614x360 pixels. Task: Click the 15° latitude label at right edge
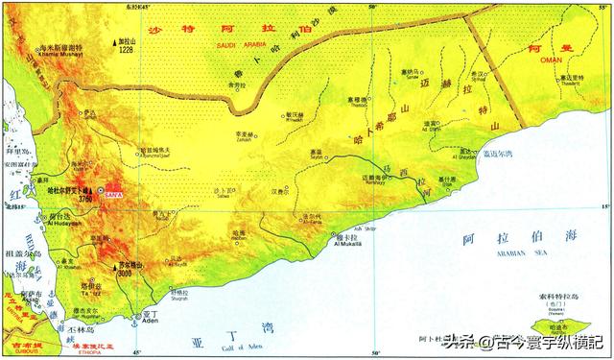click(x=604, y=205)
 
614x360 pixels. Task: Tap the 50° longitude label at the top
click(x=372, y=7)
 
